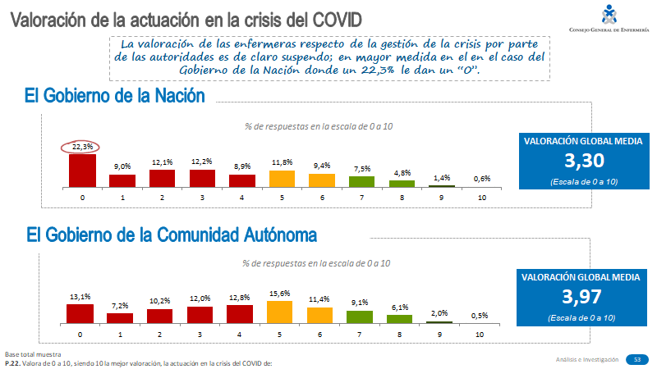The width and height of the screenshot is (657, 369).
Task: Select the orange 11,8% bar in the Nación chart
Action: [282, 178]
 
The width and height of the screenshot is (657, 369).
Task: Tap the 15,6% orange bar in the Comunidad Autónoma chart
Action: [280, 312]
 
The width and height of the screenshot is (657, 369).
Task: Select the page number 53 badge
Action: [636, 359]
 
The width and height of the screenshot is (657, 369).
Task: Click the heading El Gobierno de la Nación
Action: [115, 97]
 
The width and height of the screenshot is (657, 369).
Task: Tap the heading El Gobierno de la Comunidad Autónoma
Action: [171, 235]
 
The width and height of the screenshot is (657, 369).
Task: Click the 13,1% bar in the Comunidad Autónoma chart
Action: [80, 313]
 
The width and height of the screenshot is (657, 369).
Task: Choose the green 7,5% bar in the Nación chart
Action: [361, 181]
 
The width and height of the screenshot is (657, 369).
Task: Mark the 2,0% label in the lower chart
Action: [439, 312]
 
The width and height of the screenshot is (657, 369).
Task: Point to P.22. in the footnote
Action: [13, 362]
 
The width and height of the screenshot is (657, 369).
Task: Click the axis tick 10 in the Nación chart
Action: [482, 198]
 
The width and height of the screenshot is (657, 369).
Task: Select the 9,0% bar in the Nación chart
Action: [122, 180]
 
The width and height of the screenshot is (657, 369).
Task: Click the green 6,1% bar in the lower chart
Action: [400, 318]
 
